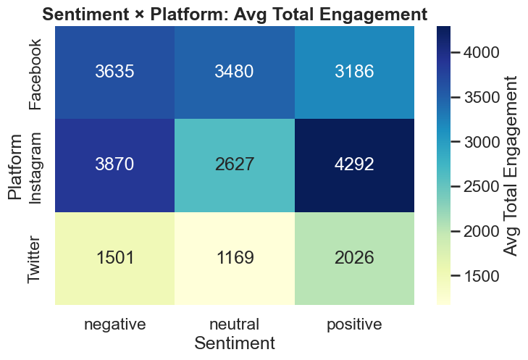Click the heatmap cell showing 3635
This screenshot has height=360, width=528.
pyautogui.click(x=115, y=72)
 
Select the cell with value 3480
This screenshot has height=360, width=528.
pyautogui.click(x=235, y=72)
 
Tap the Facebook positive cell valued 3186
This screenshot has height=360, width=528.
pyautogui.click(x=354, y=72)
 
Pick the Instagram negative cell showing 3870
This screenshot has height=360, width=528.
pyautogui.click(x=115, y=165)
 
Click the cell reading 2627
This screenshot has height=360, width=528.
pyautogui.click(x=235, y=165)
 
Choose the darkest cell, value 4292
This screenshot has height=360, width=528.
pyautogui.click(x=354, y=165)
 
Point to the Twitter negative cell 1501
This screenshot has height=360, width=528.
pyautogui.click(x=115, y=258)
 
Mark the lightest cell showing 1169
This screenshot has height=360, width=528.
pyautogui.click(x=235, y=258)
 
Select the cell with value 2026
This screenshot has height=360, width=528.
pyautogui.click(x=354, y=258)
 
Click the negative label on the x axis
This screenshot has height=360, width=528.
pyautogui.click(x=115, y=324)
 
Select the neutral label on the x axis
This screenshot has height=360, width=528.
pyautogui.click(x=235, y=324)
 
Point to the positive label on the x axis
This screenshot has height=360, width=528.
pyautogui.click(x=354, y=324)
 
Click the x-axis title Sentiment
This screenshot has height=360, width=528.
pyautogui.click(x=235, y=343)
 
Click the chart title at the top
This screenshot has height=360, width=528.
pyautogui.click(x=234, y=13)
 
